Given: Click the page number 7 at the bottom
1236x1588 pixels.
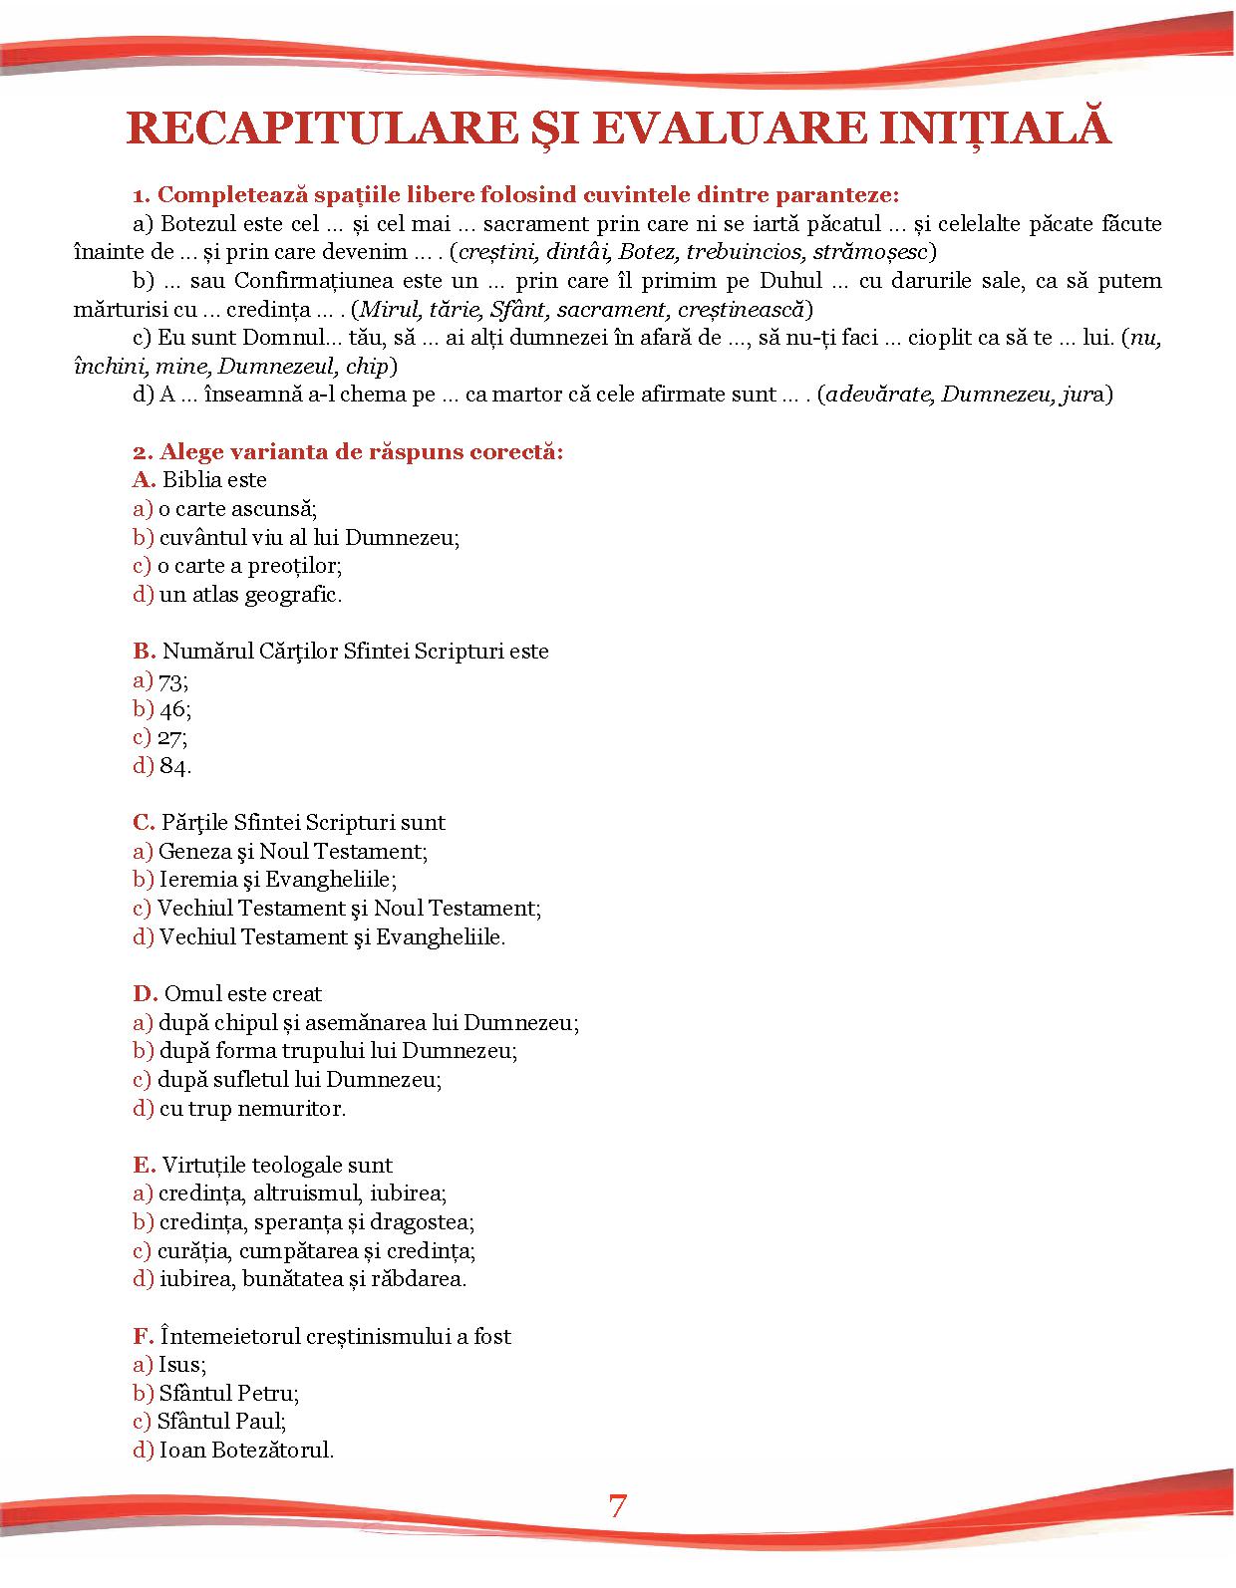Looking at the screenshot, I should (x=618, y=1505).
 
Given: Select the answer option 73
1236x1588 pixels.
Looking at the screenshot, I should (x=172, y=681).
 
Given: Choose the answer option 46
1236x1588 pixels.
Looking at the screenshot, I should (x=174, y=709).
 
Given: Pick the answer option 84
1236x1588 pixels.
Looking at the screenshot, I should (x=174, y=766).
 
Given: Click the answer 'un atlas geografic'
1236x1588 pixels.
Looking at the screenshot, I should (x=250, y=595).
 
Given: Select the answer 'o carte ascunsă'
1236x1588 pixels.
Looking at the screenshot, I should (x=237, y=509).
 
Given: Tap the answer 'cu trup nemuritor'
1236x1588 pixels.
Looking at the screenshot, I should (x=252, y=1108).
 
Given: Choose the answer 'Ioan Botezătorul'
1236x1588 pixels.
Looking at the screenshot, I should (x=246, y=1450).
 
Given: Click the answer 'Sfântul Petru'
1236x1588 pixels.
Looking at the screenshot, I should (x=229, y=1393).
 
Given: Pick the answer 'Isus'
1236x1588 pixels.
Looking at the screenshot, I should (x=181, y=1365).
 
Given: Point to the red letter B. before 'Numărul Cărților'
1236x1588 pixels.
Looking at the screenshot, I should (x=144, y=652).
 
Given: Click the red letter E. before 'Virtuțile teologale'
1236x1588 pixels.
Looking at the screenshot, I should (x=144, y=1165).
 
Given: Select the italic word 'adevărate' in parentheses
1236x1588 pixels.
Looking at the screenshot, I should (x=882, y=395).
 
